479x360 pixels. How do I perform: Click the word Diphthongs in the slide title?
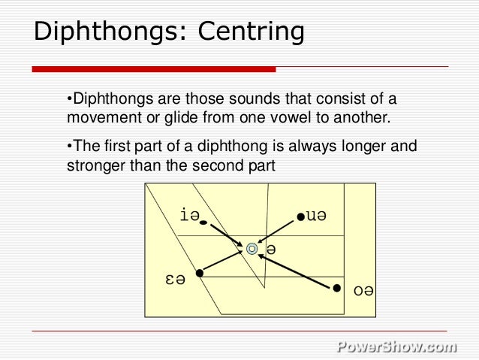click(x=107, y=32)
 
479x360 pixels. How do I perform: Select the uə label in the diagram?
click(x=317, y=216)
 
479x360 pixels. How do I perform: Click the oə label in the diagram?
click(x=363, y=289)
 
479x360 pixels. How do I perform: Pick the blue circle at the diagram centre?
click(x=252, y=248)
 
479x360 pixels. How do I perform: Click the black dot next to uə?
click(x=300, y=217)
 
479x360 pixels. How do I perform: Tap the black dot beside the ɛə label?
click(x=199, y=273)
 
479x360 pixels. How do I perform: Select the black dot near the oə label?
click(x=337, y=288)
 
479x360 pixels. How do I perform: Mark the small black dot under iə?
click(x=203, y=223)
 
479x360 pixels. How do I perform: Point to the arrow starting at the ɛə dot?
click(x=223, y=261)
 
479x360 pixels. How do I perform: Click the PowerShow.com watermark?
click(x=396, y=346)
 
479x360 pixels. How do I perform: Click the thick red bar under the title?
click(x=154, y=69)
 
